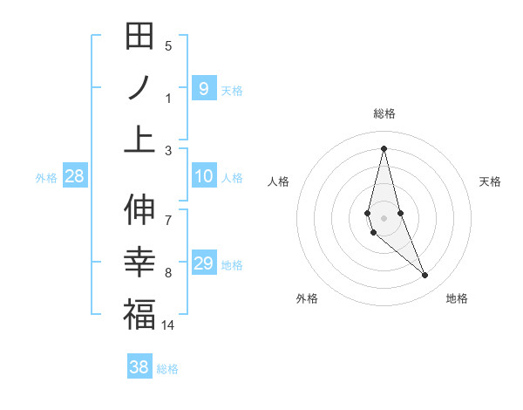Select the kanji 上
pos(139,139)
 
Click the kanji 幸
pos(139,262)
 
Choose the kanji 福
pos(139,314)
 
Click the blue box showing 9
pos(203,88)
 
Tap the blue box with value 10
pos(203,177)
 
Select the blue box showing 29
pos(203,263)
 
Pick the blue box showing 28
pos(75,177)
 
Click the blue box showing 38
pos(139,367)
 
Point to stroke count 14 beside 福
pos(168,325)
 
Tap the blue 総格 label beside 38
pos(167,369)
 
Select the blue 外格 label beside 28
pos(46,178)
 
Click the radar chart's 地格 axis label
pos(457,298)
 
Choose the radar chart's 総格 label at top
pos(384,113)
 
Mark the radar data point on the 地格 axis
pos(425,276)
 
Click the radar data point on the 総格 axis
pos(384,148)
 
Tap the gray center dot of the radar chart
pos(384,217)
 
